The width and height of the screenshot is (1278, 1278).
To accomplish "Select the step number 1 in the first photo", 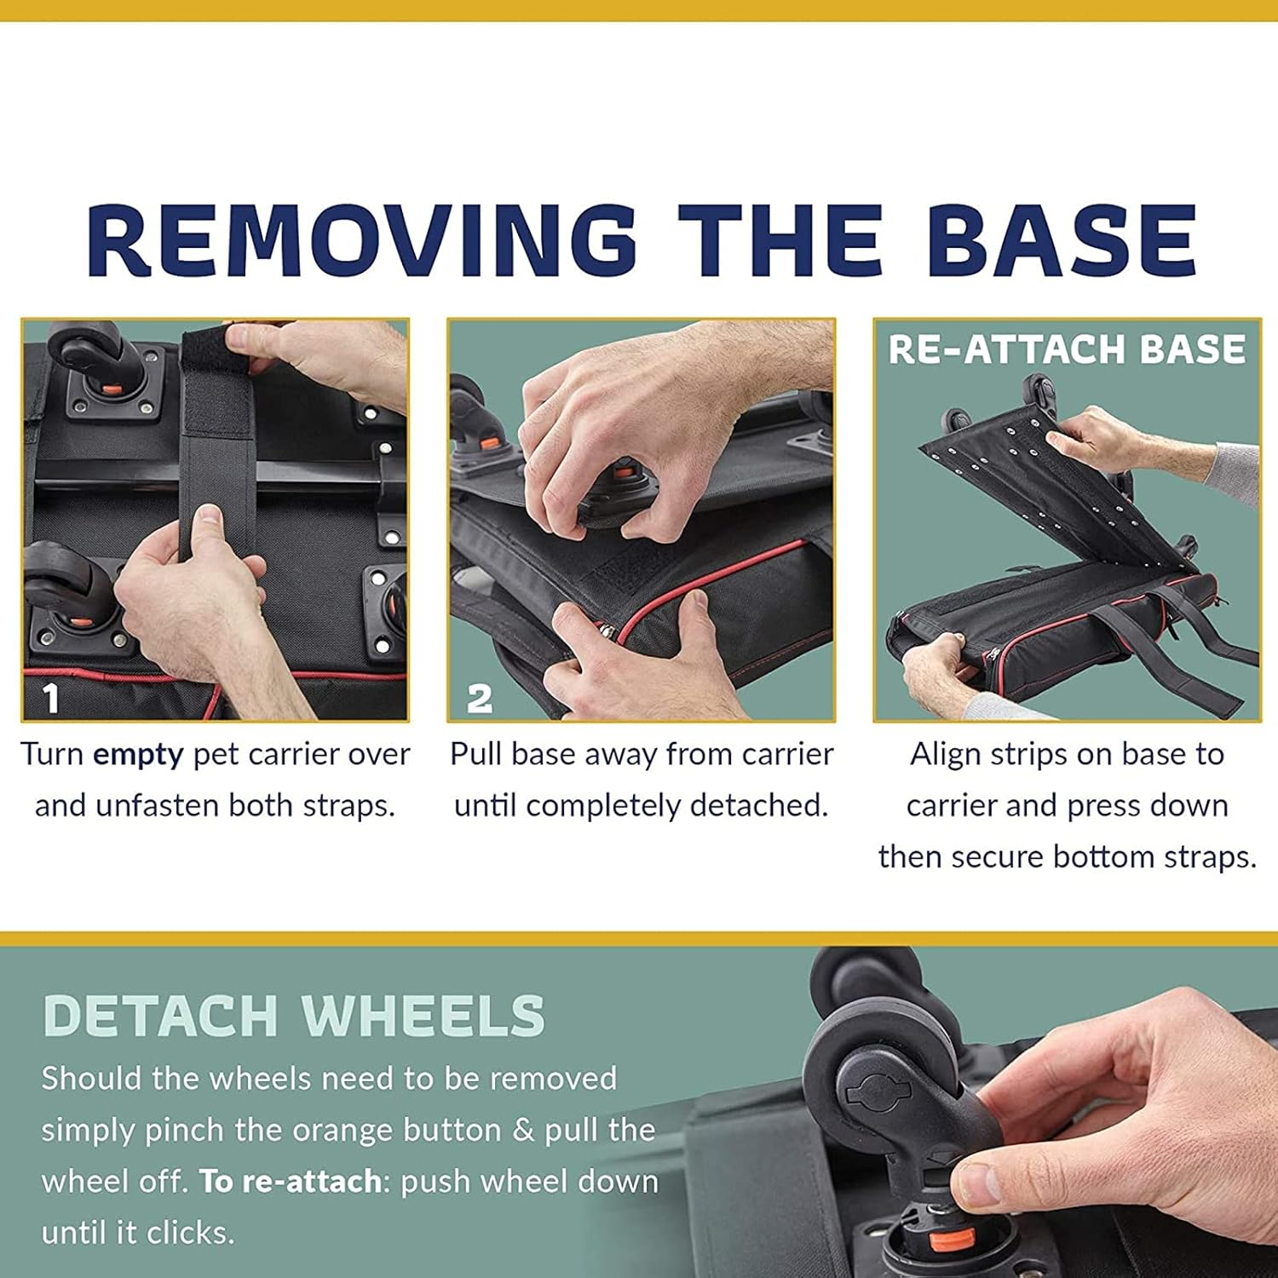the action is [51, 699].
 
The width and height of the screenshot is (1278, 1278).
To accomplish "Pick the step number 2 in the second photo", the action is [480, 699].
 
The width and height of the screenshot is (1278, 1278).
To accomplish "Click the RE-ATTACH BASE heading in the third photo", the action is [1067, 349].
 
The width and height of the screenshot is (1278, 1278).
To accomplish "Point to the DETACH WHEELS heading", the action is [294, 1016].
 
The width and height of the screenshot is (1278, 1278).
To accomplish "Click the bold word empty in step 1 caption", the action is [138, 756].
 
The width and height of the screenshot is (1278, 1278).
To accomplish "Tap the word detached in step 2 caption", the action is [759, 805].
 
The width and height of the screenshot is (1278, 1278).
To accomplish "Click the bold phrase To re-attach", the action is [291, 1183].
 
